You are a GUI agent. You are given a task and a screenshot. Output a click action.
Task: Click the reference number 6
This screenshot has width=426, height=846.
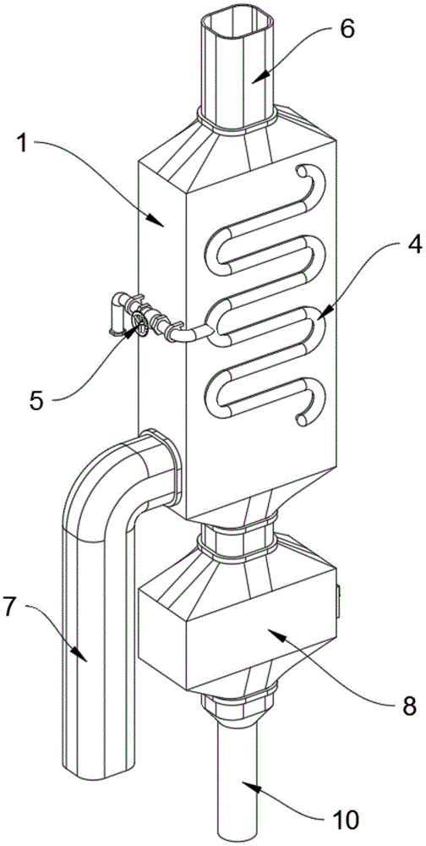click(x=347, y=30)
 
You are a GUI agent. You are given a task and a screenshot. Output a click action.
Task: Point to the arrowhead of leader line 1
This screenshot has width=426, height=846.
click(x=161, y=221)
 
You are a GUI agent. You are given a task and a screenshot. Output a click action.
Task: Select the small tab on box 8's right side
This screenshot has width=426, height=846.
click(x=339, y=602)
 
